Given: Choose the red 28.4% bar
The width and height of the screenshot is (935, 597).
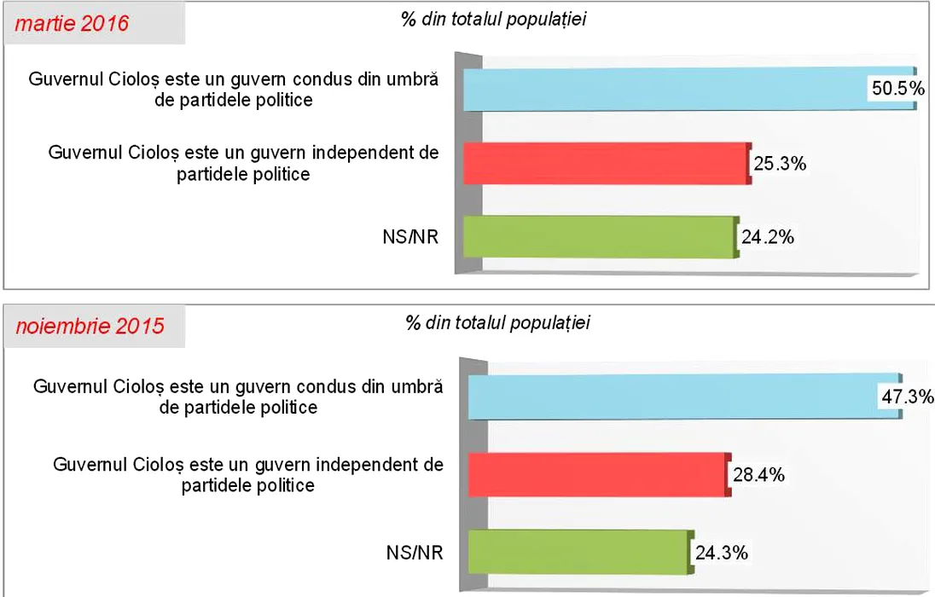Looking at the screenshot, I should pos(597,474).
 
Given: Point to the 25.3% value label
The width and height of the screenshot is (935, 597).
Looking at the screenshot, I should pos(780,164).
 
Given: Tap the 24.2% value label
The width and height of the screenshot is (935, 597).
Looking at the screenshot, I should pos(767,238).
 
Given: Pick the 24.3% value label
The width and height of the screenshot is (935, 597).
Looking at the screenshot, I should pos(722,553).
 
